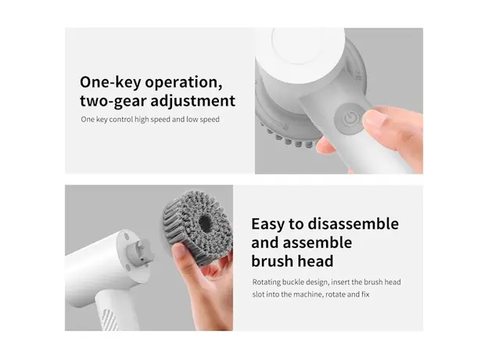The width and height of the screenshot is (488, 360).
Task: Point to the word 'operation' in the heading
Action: tap(188, 82)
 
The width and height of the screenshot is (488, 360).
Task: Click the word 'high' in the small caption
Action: tap(152, 120)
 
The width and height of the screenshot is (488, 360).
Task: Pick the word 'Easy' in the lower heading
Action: tap(270, 224)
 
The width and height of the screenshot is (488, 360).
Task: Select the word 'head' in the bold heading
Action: tap(314, 261)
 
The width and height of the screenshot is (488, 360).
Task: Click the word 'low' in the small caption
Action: tap(193, 120)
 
